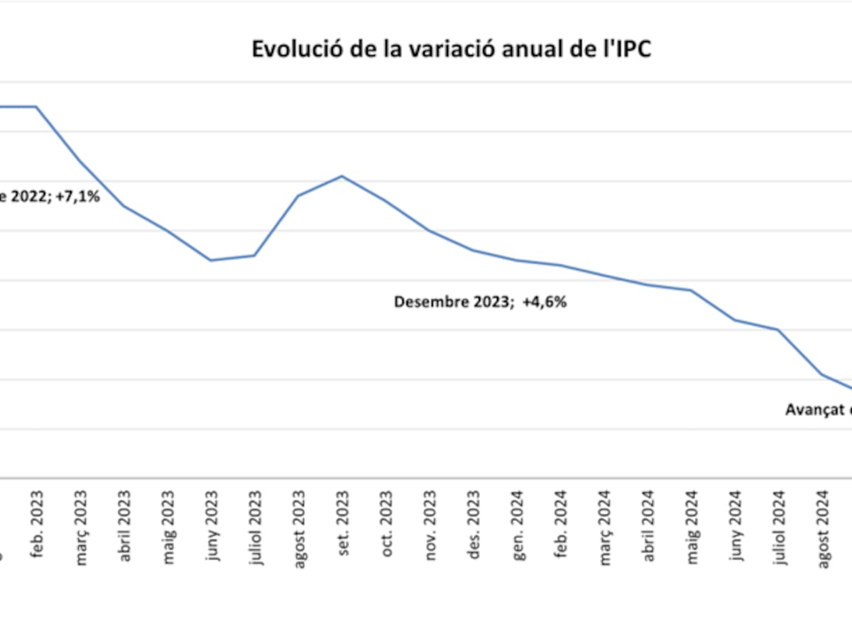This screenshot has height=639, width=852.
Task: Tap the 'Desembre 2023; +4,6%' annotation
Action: point(480,302)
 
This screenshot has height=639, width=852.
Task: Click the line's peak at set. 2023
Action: point(342,176)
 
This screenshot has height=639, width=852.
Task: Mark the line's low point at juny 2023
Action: point(211,260)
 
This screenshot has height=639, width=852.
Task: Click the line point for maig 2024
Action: point(692,290)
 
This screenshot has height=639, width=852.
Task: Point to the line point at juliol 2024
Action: point(779,329)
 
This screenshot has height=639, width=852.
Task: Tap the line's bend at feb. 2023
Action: point(37,106)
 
